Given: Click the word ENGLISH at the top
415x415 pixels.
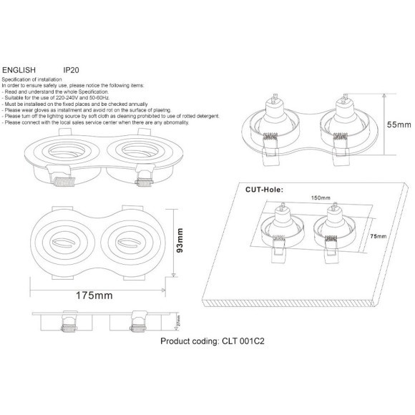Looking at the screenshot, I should (x=16, y=70).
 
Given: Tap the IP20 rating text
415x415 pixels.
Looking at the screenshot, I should (x=71, y=70).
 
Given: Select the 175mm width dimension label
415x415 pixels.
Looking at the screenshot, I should (x=97, y=294).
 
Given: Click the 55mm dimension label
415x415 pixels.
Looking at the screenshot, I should (x=398, y=125).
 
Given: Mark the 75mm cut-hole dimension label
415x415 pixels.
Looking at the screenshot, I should (x=379, y=235).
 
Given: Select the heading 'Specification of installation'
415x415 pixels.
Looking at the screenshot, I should (x=32, y=80).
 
